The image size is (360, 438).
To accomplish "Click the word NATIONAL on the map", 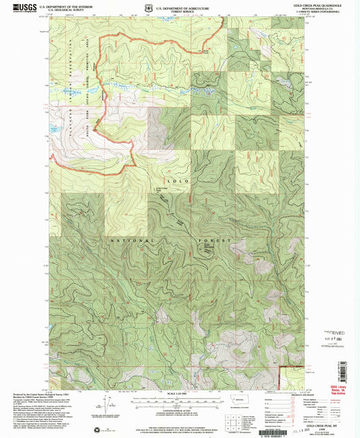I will pos(132,240).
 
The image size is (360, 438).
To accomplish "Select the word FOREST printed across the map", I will pos(219,240).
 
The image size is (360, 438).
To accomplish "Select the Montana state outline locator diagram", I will pos(237,401).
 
